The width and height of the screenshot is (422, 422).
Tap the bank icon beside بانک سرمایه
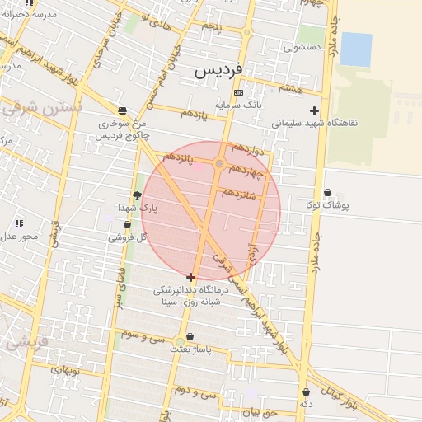point(238,92)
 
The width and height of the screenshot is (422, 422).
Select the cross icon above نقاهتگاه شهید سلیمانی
point(313,110)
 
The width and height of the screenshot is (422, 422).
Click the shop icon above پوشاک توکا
point(327,192)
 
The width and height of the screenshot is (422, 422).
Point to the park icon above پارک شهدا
point(136,195)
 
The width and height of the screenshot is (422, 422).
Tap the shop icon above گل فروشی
point(126,224)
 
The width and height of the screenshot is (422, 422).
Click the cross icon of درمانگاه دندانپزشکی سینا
point(191,277)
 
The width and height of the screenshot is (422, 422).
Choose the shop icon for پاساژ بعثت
point(191,336)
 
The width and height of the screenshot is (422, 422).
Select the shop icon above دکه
point(306,392)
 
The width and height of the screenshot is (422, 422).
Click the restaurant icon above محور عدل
point(19,223)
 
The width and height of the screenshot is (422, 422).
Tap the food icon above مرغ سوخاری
point(122,110)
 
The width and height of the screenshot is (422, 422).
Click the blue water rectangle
point(356,49)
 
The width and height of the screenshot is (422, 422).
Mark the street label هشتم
point(291,88)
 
